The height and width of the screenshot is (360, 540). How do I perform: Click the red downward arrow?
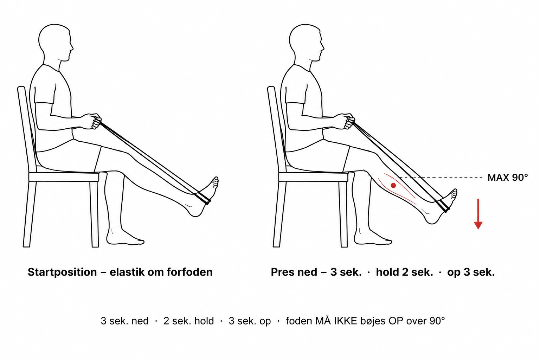pos(478,214)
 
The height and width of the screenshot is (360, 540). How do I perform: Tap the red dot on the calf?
pos(393,185)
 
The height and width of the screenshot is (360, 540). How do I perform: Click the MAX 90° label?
pos(508,178)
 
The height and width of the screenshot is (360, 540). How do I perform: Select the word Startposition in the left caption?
pos(62,272)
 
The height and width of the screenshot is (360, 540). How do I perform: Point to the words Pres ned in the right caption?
pos(294,272)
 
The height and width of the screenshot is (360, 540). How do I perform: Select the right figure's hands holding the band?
pos(347,121)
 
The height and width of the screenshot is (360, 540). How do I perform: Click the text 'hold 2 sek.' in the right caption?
pos(405,272)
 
